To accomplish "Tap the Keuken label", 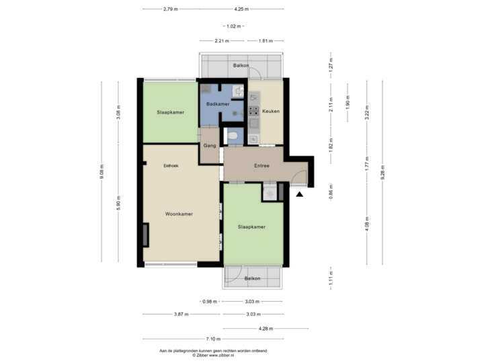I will (270, 111).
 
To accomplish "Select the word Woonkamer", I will (179, 214).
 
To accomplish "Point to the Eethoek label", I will (171, 165).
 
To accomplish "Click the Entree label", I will (261, 165).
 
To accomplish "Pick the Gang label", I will (209, 146).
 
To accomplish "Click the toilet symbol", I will (233, 137).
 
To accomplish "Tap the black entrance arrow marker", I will (299, 194).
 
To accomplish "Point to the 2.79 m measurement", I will (171, 9).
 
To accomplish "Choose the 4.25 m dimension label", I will (241, 9).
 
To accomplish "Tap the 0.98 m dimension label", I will (210, 301).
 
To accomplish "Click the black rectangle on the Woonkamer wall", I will (145, 235).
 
